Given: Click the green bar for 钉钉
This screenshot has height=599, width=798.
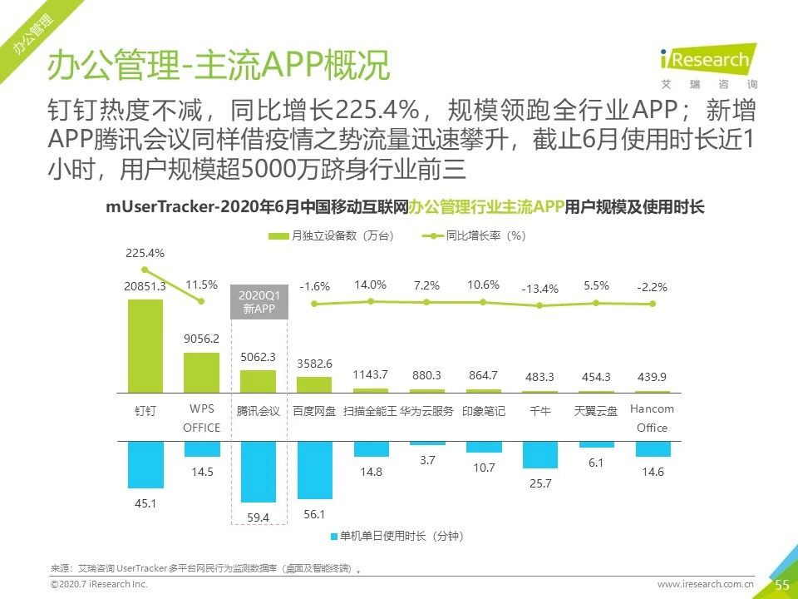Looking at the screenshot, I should [145, 345].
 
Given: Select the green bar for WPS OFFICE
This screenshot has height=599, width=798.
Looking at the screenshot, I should [201, 372].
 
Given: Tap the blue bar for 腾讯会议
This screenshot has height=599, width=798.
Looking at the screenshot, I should [258, 472].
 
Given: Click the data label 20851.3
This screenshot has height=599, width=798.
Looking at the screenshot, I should [145, 286].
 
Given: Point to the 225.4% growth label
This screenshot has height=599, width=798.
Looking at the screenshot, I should [145, 253].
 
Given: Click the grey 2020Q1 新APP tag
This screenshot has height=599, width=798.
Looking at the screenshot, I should [258, 302].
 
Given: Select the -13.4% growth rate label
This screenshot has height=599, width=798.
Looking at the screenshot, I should [539, 289].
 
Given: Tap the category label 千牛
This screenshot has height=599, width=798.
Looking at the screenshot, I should [539, 411].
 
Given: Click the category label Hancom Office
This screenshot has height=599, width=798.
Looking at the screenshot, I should [652, 418].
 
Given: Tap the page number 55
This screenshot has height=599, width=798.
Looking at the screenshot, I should [781, 585].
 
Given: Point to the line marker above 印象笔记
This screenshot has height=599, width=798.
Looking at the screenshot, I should [483, 302].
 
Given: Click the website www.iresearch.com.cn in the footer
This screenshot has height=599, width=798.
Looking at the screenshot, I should [705, 585].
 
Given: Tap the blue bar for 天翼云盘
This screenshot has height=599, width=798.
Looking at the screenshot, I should [596, 444].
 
